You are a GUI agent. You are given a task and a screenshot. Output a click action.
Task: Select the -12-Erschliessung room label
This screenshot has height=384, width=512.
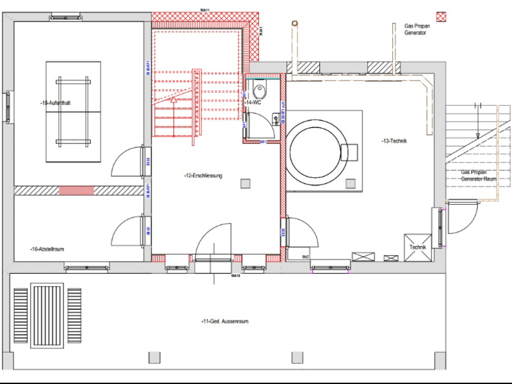[203, 175]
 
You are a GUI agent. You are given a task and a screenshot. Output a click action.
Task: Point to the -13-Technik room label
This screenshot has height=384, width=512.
[394, 141]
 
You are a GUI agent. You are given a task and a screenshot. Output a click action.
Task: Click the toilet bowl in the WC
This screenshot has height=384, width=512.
[260, 88]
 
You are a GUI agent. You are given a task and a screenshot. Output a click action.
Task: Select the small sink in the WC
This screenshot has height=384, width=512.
[275, 118]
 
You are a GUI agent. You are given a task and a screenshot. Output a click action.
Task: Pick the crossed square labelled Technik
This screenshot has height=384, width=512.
[418, 246]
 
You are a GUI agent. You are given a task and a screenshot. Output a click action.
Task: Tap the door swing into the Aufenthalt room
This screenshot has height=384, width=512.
[126, 162]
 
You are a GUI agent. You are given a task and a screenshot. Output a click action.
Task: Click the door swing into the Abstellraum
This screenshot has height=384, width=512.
[126, 232]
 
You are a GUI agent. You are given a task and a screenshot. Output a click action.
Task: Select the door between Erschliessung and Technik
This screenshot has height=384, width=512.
[300, 232]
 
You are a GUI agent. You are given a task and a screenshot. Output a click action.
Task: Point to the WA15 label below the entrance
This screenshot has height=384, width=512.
[236, 276]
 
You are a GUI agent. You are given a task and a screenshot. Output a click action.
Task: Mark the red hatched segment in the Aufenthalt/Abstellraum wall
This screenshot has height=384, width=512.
[76, 190]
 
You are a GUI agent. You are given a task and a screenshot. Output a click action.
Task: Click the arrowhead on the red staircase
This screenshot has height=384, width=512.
[173, 100]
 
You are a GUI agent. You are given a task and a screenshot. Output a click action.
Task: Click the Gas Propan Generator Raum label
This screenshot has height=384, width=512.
[479, 176]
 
